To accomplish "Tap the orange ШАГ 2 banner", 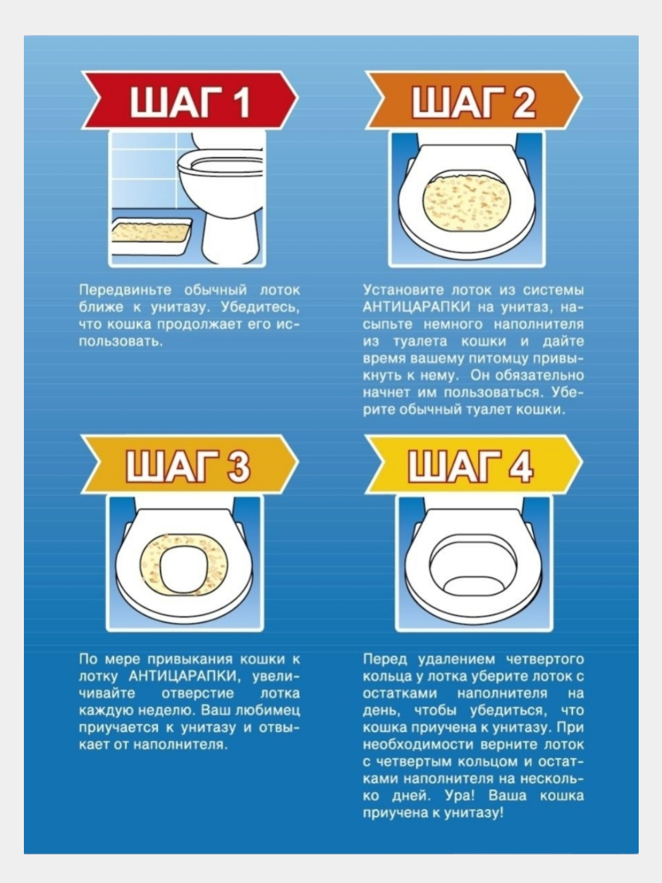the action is click(473, 100).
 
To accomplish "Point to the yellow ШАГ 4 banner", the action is click(473, 464).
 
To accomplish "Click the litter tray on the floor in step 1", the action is click(150, 237).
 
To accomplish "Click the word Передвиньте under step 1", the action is click(125, 290).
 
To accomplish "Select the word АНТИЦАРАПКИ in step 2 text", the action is click(416, 307).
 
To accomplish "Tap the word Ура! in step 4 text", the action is click(460, 796).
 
